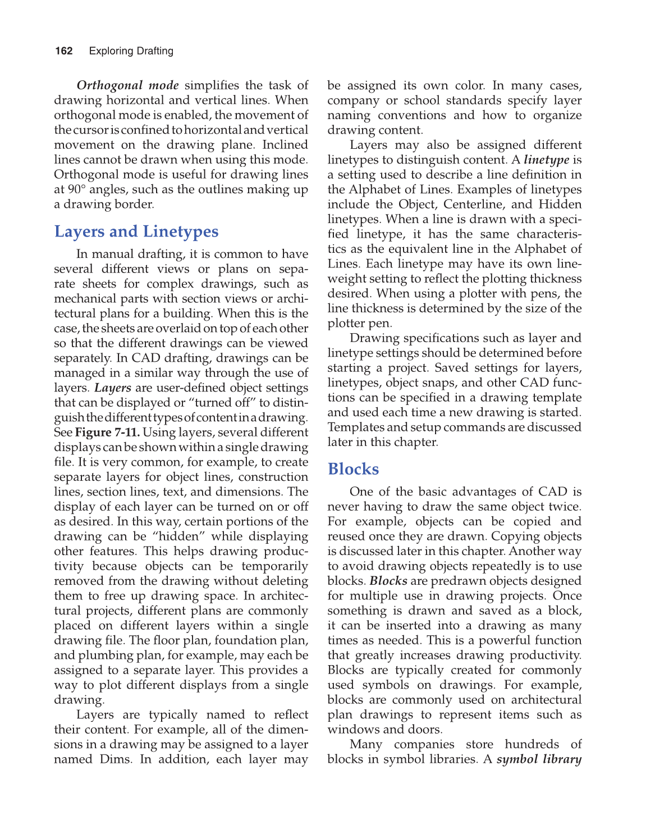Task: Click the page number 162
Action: pos(64,51)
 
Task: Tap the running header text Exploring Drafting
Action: pos(131,51)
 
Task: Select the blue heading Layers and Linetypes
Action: pos(136,231)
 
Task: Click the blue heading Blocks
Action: pos(353,469)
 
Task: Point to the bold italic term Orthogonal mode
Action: pos(127,85)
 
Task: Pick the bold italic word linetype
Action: pos(546,160)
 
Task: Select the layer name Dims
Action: pos(115,759)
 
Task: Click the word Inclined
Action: pos(285,145)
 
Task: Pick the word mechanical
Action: pos(86,299)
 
